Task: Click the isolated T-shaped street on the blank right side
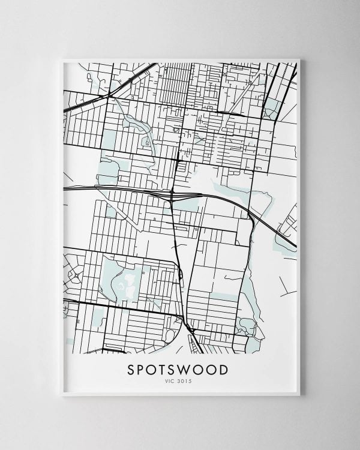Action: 287,282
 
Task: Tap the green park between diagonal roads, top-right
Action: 273,108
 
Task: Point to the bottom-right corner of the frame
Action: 299,395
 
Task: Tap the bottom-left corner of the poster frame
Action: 62,395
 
